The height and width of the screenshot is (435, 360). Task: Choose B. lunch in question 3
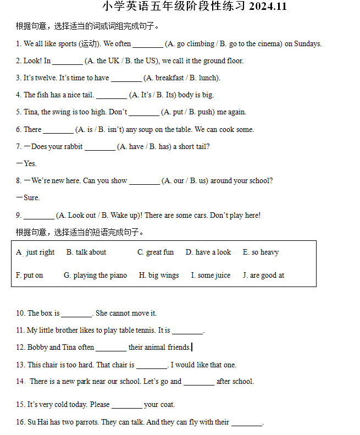coord(203,78)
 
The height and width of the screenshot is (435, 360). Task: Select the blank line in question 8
coord(144,181)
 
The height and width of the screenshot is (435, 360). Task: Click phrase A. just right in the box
coord(35,252)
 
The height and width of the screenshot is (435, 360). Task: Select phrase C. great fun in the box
coord(156,252)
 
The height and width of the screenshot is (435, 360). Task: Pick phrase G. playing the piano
coord(95,276)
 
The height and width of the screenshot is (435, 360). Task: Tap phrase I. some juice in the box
coord(211,276)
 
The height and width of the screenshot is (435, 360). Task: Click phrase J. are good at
coord(263,276)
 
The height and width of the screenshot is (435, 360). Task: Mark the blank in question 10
coord(76,315)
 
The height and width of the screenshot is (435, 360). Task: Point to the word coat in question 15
coord(167,405)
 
